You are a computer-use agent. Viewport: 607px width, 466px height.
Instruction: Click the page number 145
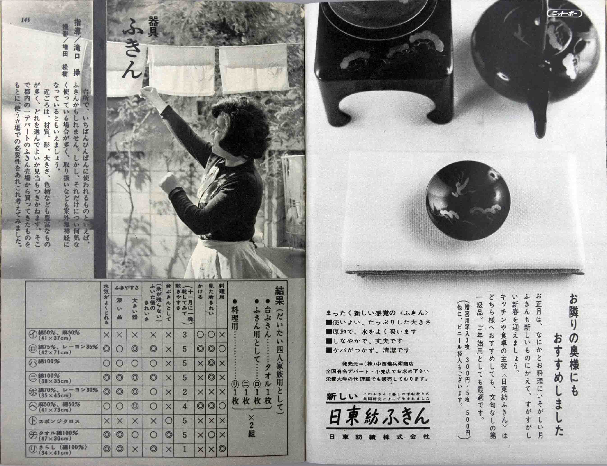coord(25,20)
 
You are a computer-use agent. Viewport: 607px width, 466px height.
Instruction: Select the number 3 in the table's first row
coord(184,335)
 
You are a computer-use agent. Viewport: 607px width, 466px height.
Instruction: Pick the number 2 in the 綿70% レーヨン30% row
coord(184,392)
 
